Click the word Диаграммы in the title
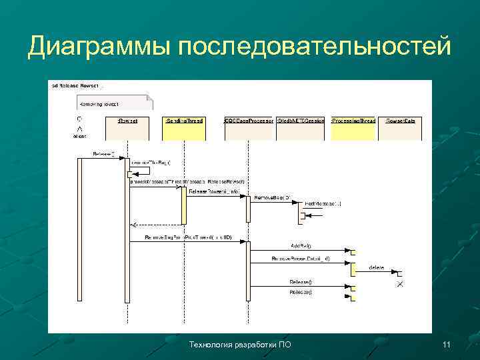coord(100,46)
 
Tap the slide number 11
coord(446,345)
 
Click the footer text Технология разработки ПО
coord(240,345)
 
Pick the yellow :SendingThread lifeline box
coord(184,127)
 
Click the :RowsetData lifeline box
coord(401,127)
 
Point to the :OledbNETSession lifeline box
coord(301,127)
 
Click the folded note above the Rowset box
coord(115,103)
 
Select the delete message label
coord(377,267)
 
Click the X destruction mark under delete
coord(400,285)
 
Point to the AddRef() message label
coord(301,246)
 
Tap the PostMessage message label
coord(323,203)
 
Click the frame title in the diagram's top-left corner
coord(73,86)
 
